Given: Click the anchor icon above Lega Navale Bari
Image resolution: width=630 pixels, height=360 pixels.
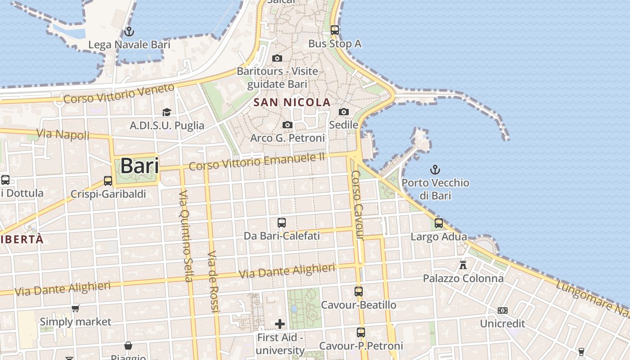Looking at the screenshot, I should [129, 31].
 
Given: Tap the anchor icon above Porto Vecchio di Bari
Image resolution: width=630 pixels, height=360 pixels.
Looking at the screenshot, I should [435, 170].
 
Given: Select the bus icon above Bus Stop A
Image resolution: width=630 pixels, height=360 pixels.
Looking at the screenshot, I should [335, 30].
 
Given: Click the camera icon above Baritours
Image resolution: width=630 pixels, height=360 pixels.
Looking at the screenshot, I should [277, 58].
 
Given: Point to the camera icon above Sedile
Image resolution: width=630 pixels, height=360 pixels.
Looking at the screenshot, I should [344, 112].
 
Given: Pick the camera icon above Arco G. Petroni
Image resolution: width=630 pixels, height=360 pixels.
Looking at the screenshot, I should [288, 125].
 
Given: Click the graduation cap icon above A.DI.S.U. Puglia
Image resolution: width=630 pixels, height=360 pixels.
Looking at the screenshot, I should [167, 112].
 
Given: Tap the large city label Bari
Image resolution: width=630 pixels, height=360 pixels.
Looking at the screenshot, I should [139, 166].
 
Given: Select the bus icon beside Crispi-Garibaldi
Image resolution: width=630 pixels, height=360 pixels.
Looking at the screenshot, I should [108, 180].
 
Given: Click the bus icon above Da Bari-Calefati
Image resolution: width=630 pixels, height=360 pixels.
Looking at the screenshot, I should [282, 222].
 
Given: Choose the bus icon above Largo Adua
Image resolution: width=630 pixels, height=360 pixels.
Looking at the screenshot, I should [439, 223].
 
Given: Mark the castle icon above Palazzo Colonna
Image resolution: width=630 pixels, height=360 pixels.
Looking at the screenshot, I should [463, 265].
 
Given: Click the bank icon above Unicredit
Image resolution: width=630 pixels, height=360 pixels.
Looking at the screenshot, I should [503, 310].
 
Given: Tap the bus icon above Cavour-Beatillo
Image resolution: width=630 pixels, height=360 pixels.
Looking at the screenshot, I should [359, 292].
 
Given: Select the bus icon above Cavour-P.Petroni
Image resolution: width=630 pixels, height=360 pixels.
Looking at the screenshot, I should [361, 333].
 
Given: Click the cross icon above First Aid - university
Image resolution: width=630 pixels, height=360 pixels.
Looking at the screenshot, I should [280, 324].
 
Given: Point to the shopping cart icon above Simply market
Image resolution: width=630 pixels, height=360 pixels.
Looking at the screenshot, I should [76, 309].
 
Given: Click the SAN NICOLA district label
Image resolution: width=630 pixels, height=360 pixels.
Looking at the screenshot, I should [292, 102].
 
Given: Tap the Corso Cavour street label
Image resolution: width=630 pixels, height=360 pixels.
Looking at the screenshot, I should [357, 205].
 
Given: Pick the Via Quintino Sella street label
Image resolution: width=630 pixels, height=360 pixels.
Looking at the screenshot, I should [185, 236].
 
